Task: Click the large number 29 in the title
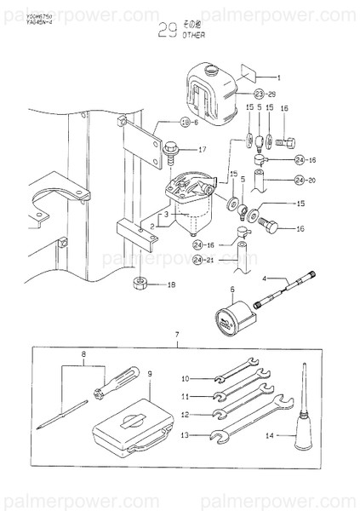point(169,33)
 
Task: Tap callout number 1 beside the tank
point(277,78)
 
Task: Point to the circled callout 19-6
point(167,123)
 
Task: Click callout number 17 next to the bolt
point(202,150)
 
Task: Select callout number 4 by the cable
point(264,278)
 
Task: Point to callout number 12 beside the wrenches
point(186,415)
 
